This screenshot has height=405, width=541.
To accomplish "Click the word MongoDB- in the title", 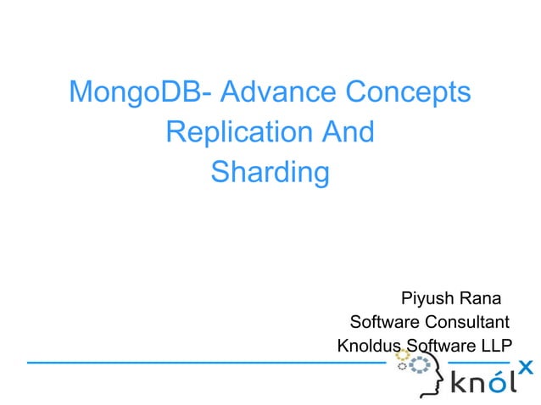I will tap(133, 92).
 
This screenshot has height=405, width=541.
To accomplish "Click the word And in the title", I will tap(346, 132).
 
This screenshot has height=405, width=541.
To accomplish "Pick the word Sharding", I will tap(270, 172).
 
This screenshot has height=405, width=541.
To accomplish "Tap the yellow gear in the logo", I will tap(402, 354).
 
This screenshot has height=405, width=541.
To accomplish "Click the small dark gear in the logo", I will tap(403, 367).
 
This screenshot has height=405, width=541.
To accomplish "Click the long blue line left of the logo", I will tap(204, 363).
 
